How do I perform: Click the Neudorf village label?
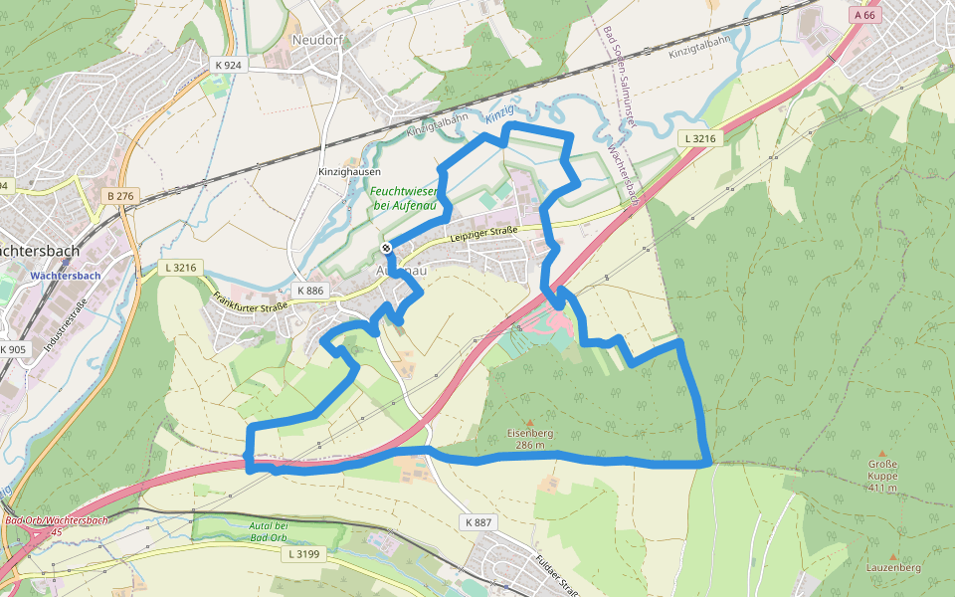(x=317, y=40)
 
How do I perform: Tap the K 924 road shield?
(x=228, y=65)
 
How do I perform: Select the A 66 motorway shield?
(x=865, y=15)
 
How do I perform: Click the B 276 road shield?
(x=119, y=196)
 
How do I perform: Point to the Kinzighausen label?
(x=350, y=171)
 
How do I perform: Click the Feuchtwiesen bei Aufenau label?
(x=405, y=198)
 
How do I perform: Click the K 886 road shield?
(x=311, y=291)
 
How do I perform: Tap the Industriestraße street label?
(x=65, y=327)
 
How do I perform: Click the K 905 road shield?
(x=13, y=349)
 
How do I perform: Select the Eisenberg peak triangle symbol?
(x=530, y=422)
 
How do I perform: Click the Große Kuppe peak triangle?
(x=882, y=453)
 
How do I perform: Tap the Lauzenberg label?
(x=892, y=567)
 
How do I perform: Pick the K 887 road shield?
(x=477, y=522)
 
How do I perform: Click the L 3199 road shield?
(x=300, y=552)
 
